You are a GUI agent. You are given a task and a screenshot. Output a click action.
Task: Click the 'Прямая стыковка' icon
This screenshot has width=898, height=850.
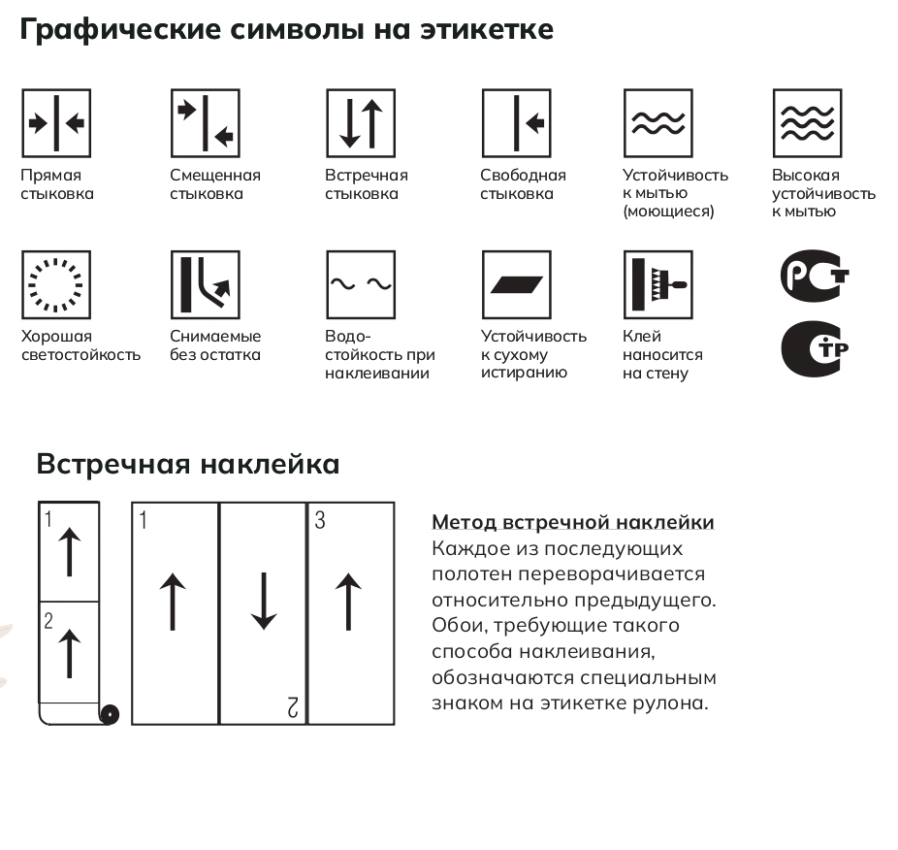56,123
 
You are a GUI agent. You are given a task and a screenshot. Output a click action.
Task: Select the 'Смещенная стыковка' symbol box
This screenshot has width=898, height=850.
205,123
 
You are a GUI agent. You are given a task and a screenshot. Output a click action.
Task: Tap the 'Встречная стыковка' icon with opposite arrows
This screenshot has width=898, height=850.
361,123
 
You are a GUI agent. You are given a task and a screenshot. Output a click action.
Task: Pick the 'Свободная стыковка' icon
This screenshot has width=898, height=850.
517,123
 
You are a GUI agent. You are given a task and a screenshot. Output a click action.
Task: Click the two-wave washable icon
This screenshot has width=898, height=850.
658,123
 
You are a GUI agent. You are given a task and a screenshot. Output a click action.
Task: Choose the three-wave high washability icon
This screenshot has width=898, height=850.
808,123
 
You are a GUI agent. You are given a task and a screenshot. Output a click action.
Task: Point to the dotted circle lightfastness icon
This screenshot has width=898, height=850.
56,285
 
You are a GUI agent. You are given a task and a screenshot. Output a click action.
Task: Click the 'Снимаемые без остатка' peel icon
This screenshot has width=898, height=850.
205,285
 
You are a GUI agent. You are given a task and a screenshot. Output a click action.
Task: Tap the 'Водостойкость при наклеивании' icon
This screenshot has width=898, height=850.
361,285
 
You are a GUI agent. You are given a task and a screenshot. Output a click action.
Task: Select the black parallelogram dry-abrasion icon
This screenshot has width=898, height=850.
517,285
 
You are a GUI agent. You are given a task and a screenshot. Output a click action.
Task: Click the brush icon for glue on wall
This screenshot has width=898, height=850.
658,285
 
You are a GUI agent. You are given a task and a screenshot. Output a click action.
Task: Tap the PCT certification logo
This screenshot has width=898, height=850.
815,276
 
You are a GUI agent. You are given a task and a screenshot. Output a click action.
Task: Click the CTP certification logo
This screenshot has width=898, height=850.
815,349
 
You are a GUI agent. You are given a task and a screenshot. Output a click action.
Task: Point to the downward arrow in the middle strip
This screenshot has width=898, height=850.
264,602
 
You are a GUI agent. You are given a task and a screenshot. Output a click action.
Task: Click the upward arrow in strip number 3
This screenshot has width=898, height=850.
348,602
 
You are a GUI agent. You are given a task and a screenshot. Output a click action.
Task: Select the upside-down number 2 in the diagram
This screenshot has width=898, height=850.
293,707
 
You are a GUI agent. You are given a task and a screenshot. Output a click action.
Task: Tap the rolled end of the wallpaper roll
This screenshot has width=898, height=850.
110,715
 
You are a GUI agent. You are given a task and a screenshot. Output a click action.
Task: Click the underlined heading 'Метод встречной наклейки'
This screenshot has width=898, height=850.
573,522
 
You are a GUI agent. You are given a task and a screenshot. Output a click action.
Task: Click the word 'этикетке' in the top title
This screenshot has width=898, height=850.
487,29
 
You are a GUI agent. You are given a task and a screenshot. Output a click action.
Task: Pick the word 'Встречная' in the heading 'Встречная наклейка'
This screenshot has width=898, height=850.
112,464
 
